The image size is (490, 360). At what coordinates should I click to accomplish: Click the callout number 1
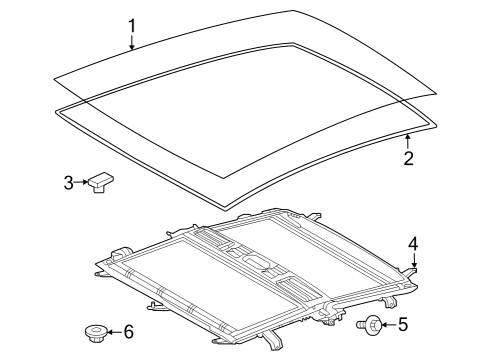pyautogui.click(x=131, y=24)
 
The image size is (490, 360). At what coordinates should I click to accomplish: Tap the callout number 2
pyautogui.click(x=408, y=157)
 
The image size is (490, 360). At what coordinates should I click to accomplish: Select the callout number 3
pyautogui.click(x=67, y=182)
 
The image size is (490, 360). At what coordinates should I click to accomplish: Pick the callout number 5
pyautogui.click(x=404, y=323)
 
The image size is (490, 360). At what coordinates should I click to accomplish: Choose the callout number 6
pyautogui.click(x=127, y=332)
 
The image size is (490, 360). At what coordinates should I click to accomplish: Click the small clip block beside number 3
pyautogui.click(x=100, y=183)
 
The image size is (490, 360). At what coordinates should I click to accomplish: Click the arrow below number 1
pyautogui.click(x=131, y=42)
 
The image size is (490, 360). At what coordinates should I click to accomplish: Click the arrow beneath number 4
pyautogui.click(x=413, y=261)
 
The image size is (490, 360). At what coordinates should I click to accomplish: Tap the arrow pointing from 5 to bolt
pyautogui.click(x=388, y=323)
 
